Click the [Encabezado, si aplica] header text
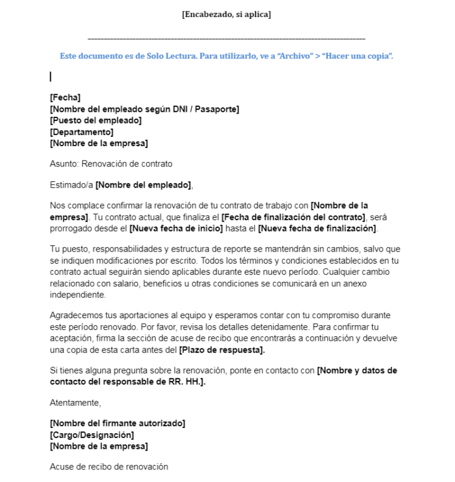[x=227, y=14]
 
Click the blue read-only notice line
[x=227, y=56]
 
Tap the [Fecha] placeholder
[x=65, y=97]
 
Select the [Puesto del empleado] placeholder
[x=95, y=120]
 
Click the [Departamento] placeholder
[x=82, y=132]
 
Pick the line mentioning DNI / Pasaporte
[x=144, y=109]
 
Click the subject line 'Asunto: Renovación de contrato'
[x=110, y=164]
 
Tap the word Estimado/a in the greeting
[x=71, y=185]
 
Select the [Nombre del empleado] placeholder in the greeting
[x=144, y=185]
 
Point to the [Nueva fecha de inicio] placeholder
[x=176, y=228]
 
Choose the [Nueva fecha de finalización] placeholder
[x=318, y=228]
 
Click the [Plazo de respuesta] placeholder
[x=222, y=350]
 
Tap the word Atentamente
[x=75, y=402]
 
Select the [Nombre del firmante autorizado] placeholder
[x=117, y=424]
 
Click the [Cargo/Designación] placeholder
[x=92, y=435]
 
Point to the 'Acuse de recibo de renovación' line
[x=109, y=467]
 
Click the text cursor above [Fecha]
[x=50, y=77]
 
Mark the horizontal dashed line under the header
[x=227, y=39]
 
